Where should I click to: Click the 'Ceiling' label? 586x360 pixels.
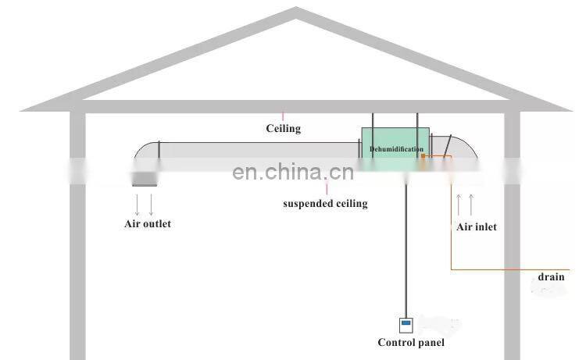[284, 129]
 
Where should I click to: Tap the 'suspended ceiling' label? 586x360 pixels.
[325, 204]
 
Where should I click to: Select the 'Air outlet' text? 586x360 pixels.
[148, 223]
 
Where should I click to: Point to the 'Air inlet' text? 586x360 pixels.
[477, 226]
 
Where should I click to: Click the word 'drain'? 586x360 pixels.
[552, 276]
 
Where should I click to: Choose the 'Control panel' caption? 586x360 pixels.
[411, 343]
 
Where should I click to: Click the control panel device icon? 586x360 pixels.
[406, 326]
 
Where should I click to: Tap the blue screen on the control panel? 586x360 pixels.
[406, 323]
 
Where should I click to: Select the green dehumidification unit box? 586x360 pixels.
[395, 149]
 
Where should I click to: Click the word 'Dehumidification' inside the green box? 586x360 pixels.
[396, 149]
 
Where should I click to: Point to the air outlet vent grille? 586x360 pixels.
[145, 179]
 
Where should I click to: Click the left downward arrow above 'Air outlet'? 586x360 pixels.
[138, 205]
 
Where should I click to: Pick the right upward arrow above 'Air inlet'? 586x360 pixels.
[471, 205]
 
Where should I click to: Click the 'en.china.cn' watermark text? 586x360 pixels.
[293, 172]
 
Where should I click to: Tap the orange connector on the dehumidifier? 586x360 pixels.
[423, 156]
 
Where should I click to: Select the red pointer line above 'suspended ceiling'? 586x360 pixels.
[327, 188]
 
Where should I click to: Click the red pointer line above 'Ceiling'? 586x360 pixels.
[283, 116]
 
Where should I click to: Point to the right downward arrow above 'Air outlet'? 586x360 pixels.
[151, 205]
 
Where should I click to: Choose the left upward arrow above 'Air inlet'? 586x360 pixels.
[459, 205]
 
